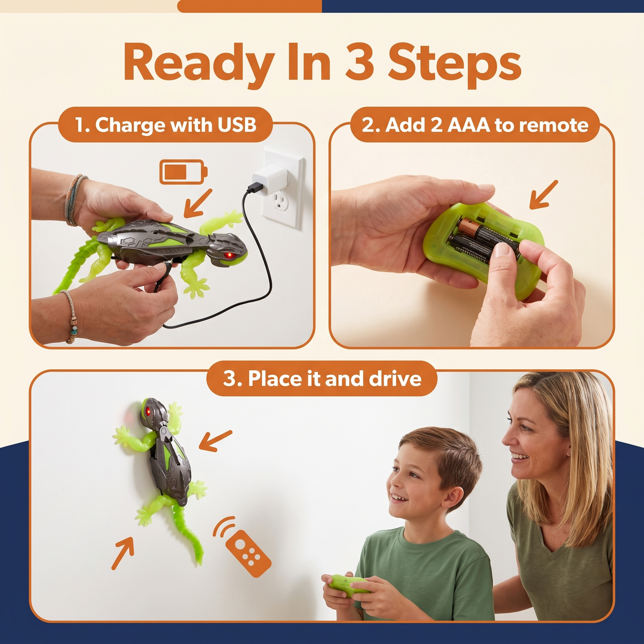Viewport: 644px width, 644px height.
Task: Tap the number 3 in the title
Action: [361, 62]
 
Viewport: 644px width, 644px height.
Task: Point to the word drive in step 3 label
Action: [395, 379]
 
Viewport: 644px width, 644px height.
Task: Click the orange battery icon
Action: [184, 172]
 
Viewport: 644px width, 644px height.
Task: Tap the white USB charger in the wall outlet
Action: [270, 180]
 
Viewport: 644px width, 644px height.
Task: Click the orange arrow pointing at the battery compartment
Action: [544, 194]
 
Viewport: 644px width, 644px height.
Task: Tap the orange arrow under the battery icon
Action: [198, 203]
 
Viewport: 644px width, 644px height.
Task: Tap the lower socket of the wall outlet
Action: [280, 202]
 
